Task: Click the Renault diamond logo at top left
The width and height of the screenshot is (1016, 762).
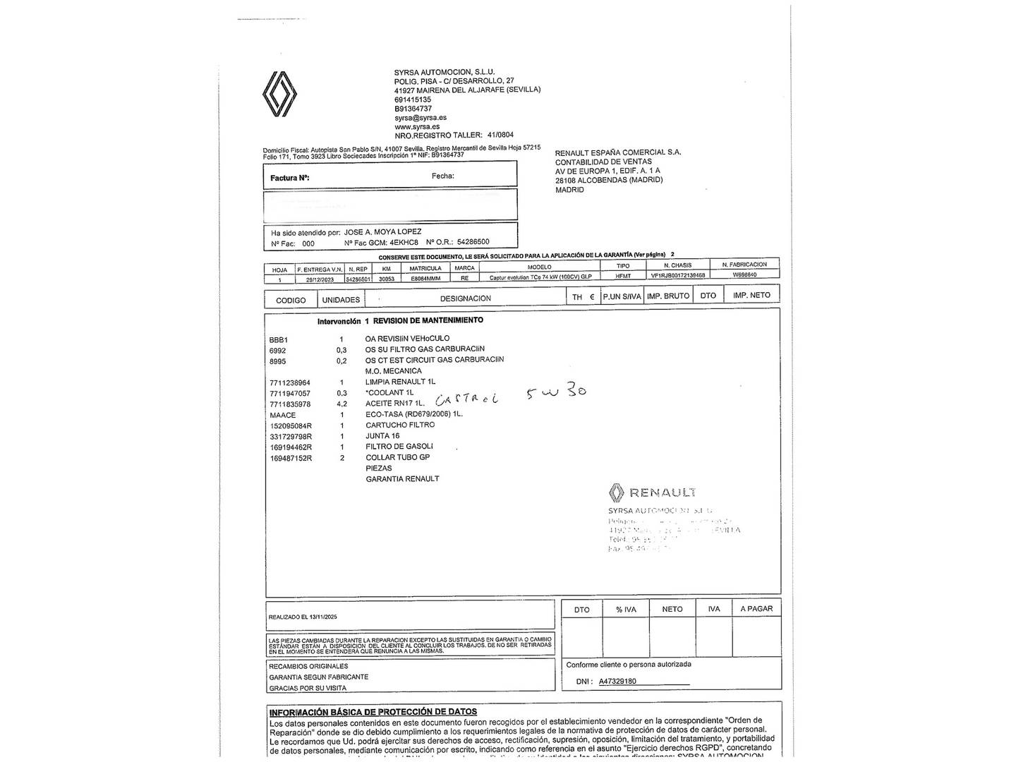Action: click(x=279, y=94)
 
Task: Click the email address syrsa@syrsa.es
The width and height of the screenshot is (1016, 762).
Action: click(x=420, y=118)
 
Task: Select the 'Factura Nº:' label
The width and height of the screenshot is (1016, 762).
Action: click(x=289, y=178)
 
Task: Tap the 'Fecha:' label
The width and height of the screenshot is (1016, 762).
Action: click(x=442, y=176)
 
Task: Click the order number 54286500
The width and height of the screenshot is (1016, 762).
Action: click(x=473, y=241)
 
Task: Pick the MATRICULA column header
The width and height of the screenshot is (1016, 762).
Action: click(x=425, y=268)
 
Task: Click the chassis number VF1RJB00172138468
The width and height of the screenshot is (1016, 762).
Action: click(x=678, y=275)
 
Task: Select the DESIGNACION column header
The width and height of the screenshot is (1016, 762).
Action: click(x=465, y=298)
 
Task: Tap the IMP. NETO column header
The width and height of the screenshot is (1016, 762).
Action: click(x=751, y=295)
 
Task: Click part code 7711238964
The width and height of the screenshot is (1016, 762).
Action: click(x=289, y=382)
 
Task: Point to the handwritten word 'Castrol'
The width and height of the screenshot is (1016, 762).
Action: click(x=466, y=398)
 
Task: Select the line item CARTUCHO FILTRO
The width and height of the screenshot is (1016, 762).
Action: click(x=400, y=425)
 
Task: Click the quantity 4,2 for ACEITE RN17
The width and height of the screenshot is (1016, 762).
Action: click(x=341, y=404)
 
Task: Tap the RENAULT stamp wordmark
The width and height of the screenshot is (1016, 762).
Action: click(x=662, y=492)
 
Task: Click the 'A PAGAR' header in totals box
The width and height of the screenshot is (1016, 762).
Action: click(x=756, y=608)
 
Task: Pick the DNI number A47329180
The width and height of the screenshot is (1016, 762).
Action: click(x=617, y=681)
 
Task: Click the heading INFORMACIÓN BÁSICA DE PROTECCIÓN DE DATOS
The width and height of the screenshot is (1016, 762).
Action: click(x=373, y=712)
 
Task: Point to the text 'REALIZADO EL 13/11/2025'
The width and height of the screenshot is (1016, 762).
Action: click(x=303, y=617)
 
